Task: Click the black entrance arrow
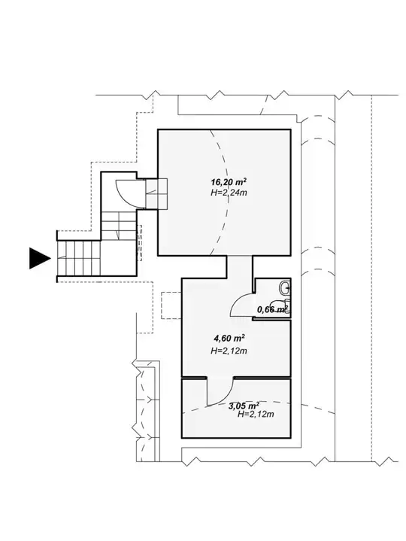39,258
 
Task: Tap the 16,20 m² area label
229,182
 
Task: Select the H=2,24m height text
229,193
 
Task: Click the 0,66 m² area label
272,309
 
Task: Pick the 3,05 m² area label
244,406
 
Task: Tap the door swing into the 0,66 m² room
241,304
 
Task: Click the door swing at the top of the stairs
127,193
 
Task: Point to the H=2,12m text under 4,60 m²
229,351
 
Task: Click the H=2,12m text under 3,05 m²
256,415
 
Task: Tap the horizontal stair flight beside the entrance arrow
79,258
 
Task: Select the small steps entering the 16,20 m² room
156,193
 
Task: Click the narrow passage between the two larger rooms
240,266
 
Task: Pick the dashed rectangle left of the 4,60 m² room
171,305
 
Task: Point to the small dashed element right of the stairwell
140,243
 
